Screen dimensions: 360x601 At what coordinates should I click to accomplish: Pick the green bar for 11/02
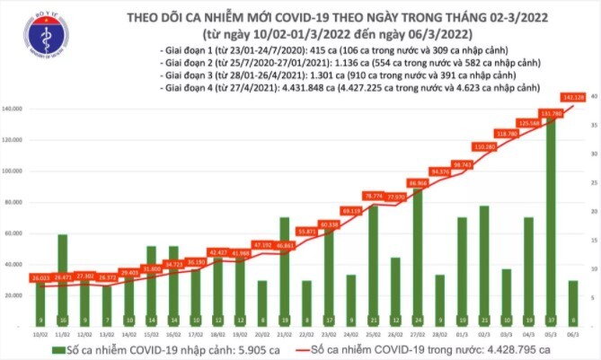pyautogui.click(x=63, y=278)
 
